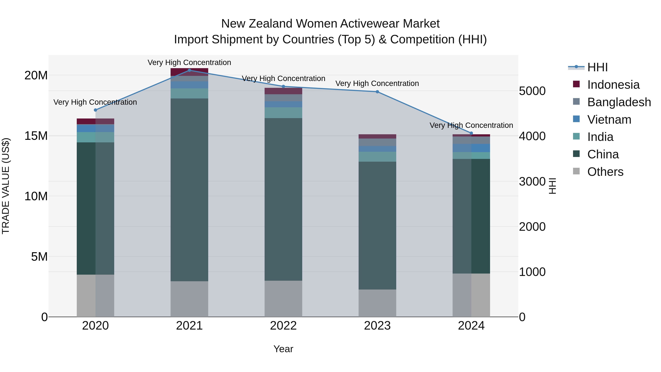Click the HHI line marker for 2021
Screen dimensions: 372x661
click(189, 70)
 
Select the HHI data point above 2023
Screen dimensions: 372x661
click(377, 92)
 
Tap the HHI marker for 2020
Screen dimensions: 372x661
click(95, 110)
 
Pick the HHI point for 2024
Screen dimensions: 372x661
click(471, 133)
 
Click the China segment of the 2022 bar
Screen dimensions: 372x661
click(283, 199)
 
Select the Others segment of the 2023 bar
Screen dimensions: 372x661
click(377, 303)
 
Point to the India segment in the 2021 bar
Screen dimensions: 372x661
click(189, 94)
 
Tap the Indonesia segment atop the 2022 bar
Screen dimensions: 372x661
click(283, 91)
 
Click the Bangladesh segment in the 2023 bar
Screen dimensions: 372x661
click(377, 142)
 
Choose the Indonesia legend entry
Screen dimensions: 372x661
click(613, 85)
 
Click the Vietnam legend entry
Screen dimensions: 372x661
click(609, 120)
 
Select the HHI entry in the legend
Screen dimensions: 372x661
click(597, 67)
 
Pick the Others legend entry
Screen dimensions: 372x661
click(605, 172)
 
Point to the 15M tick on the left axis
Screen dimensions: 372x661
click(36, 136)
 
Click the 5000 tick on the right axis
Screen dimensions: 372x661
click(532, 91)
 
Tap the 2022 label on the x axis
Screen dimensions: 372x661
click(283, 326)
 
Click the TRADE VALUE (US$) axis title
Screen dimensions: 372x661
click(6, 186)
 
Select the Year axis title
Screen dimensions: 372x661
click(283, 349)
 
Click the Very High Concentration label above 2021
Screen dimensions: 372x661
click(189, 62)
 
